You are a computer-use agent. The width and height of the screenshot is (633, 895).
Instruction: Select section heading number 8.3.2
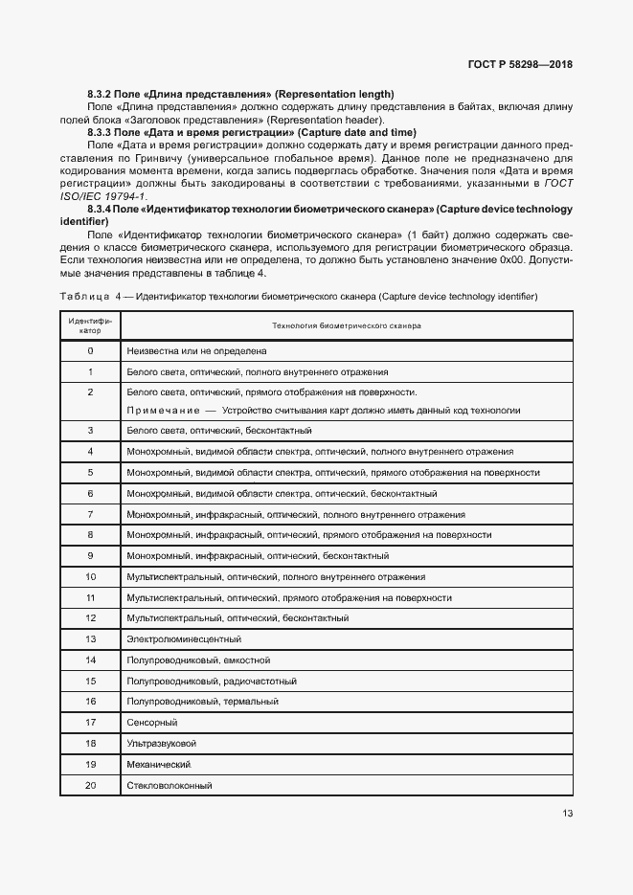point(100,94)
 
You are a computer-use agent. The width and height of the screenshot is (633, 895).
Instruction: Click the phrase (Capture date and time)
point(357,131)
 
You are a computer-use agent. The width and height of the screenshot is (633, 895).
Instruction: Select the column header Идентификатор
point(90,325)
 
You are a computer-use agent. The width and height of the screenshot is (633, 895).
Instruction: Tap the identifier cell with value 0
point(90,351)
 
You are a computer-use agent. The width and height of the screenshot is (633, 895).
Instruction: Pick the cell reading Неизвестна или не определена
point(196,351)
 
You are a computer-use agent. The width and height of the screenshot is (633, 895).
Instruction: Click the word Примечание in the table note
point(162,411)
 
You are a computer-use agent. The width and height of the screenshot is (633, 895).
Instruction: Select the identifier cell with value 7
point(90,514)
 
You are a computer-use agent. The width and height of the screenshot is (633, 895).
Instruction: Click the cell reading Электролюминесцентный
point(183,638)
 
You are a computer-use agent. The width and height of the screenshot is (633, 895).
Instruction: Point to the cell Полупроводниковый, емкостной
point(198,660)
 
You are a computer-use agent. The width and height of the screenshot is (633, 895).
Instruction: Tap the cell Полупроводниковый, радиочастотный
point(211,681)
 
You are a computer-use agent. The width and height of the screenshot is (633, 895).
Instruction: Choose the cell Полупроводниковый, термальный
point(202,702)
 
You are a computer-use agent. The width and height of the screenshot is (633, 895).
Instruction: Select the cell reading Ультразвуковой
point(161,744)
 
